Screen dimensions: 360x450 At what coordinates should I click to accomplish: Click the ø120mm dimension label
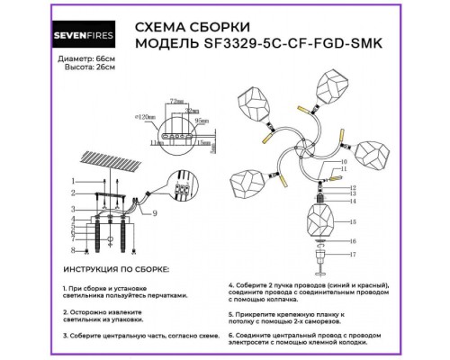tap(140, 117)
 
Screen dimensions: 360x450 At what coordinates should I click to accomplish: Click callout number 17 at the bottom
tap(354, 254)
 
